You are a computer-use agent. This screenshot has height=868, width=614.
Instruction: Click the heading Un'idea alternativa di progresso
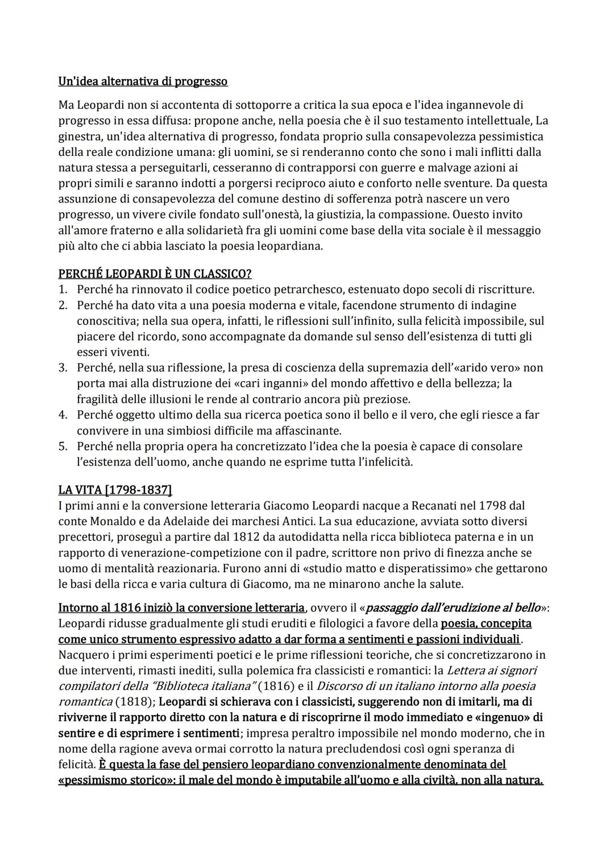point(143,81)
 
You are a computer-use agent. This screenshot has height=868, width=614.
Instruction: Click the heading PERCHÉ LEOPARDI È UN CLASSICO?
point(155,274)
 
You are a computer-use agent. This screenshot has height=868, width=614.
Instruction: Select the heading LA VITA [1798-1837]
point(115,490)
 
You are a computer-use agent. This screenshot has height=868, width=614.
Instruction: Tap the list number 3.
point(63,367)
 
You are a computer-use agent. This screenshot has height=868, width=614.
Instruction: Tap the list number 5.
point(63,446)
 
